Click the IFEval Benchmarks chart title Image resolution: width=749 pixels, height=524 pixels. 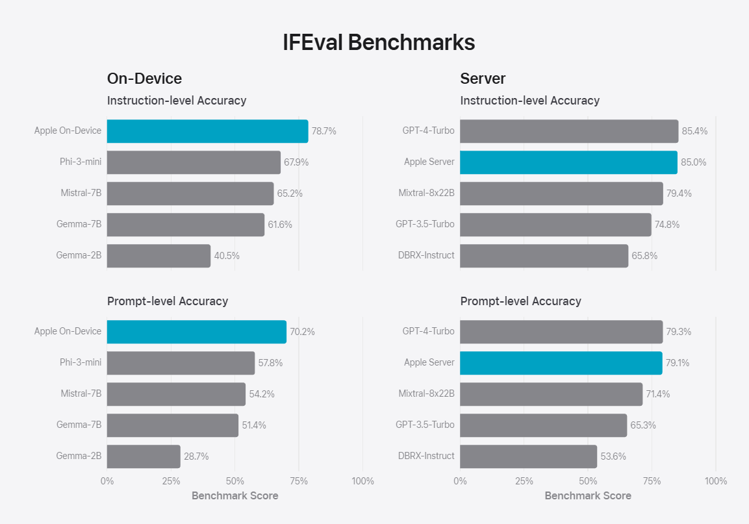point(379,43)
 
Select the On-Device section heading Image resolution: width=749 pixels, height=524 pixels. point(144,79)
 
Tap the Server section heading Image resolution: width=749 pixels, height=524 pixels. point(483,79)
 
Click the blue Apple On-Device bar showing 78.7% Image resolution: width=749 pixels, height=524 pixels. point(207,131)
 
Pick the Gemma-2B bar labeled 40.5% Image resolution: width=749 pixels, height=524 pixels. point(159,256)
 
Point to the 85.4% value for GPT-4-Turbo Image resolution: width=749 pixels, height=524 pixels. point(694,131)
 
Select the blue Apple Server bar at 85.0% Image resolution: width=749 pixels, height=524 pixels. point(568,162)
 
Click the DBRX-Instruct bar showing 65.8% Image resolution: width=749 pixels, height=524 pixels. point(544,256)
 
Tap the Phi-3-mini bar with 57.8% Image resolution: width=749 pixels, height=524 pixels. point(181,363)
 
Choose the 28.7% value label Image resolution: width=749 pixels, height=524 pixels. point(196,456)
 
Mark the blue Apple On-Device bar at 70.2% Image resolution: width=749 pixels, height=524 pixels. point(196,332)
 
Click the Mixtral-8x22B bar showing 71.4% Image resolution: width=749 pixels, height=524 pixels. point(551,394)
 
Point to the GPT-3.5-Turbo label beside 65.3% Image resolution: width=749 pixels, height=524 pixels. point(425,425)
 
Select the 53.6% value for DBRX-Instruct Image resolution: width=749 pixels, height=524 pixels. point(613,456)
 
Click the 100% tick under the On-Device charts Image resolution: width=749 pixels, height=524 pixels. point(362,481)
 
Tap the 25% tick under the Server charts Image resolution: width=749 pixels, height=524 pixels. point(524,481)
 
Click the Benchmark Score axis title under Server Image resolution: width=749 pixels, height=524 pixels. point(588,496)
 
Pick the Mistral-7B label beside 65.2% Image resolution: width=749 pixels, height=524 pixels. point(81,193)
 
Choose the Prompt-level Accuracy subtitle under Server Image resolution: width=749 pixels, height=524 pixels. point(520,301)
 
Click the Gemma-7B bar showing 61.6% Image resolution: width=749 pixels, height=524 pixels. point(186,225)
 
